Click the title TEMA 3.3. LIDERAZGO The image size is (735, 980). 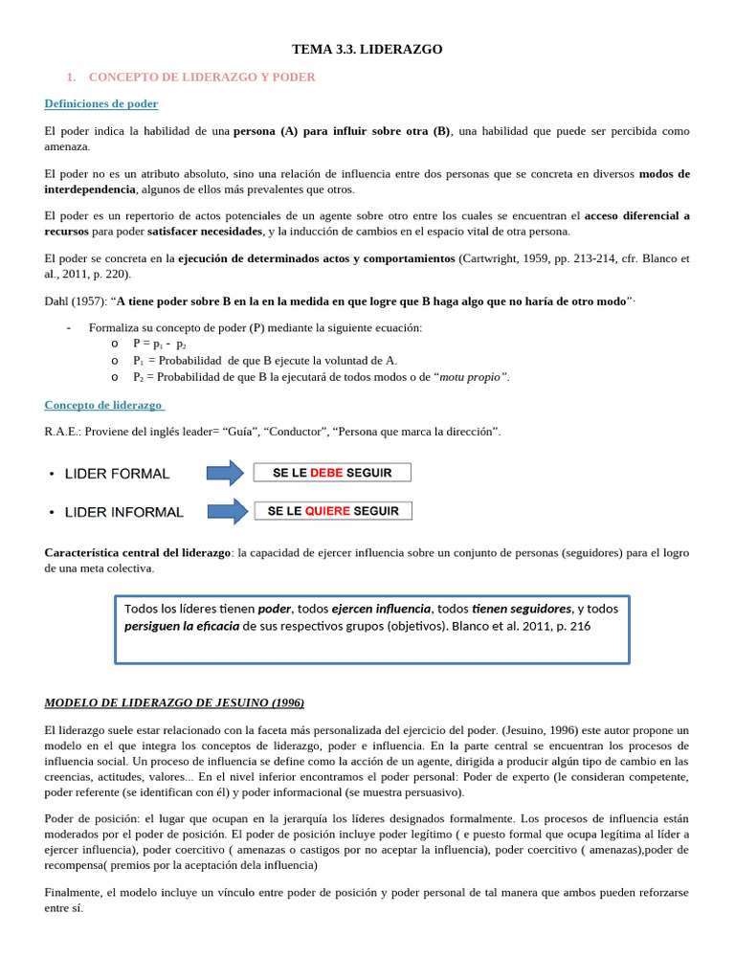tap(367, 49)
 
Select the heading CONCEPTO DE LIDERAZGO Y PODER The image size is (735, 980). tap(201, 77)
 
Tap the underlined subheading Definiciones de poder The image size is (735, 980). tap(101, 103)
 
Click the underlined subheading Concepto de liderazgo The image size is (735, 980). tap(103, 405)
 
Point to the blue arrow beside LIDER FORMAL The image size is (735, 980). tap(226, 473)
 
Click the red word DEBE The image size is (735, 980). tap(326, 473)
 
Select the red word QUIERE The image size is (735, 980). tap(327, 511)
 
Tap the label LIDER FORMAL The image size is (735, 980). tap(117, 474)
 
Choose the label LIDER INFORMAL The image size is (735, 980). tap(123, 512)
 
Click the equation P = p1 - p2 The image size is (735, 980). tap(160, 344)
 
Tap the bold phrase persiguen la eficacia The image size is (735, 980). tap(182, 626)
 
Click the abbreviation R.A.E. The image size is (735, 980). tap(62, 432)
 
